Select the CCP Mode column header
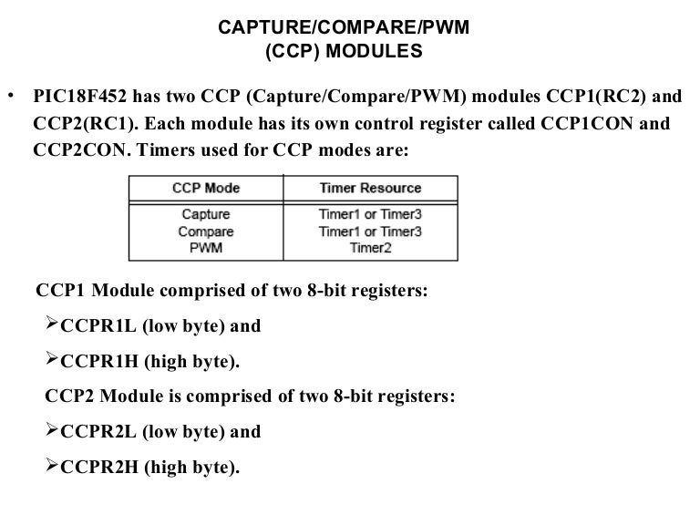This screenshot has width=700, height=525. (x=206, y=188)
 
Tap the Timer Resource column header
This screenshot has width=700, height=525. (x=370, y=188)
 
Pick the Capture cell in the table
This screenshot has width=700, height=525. (x=206, y=215)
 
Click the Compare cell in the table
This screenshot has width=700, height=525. (x=206, y=232)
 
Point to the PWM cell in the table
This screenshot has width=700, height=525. (x=206, y=247)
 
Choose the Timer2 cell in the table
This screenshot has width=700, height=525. (x=370, y=247)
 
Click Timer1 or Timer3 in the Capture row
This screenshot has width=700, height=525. (x=370, y=215)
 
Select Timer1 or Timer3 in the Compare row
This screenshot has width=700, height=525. (x=370, y=232)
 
